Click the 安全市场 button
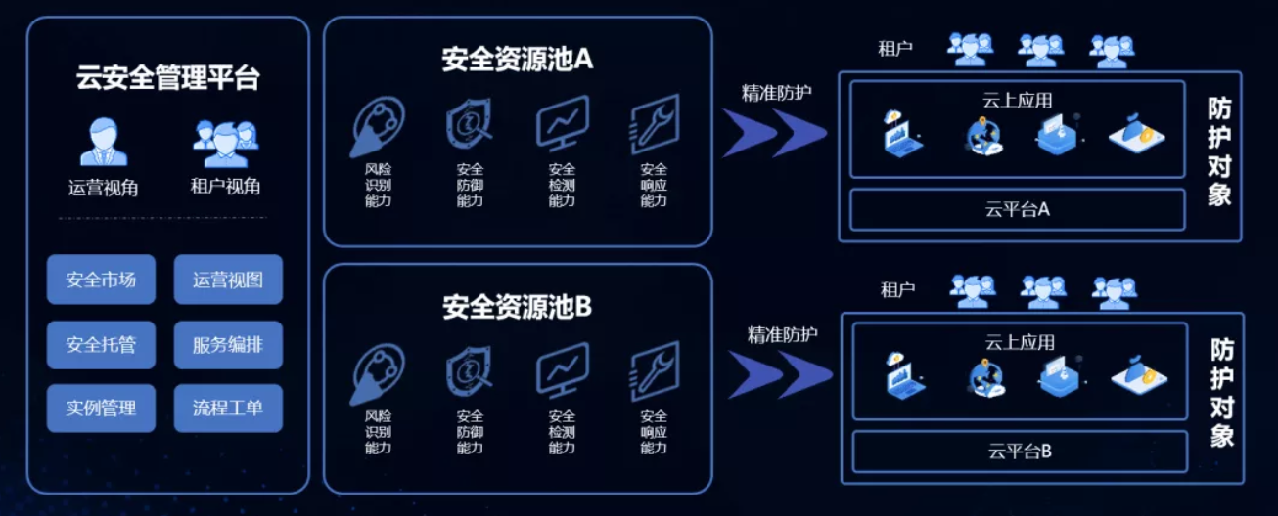coord(101,280)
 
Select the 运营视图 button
coord(228,280)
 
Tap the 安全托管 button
coord(101,344)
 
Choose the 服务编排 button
coord(228,344)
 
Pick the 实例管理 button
coord(101,408)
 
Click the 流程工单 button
coord(228,408)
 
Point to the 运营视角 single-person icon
coord(103,143)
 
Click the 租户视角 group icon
coord(225,143)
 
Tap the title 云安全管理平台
coord(168,78)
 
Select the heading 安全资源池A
coord(518,60)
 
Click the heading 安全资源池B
coord(518,308)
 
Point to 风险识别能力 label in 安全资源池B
coord(378,432)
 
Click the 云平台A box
coord(1018,208)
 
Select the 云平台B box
coord(1020,451)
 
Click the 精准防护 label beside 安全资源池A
coord(776,93)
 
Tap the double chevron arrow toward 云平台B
coord(779,375)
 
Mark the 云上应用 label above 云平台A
coord(1018,100)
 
